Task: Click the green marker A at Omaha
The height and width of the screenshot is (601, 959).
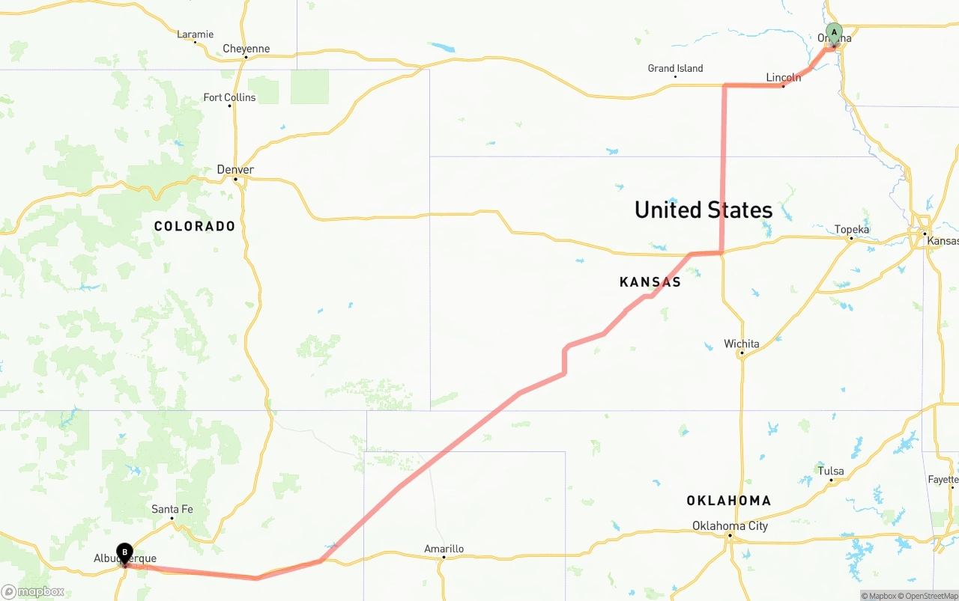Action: pyautogui.click(x=834, y=34)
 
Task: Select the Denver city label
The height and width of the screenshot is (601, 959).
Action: pyautogui.click(x=235, y=170)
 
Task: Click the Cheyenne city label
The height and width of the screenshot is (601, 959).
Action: pyautogui.click(x=246, y=49)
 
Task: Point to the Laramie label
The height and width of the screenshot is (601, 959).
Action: pyautogui.click(x=195, y=34)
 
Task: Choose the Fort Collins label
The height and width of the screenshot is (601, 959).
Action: pyautogui.click(x=229, y=97)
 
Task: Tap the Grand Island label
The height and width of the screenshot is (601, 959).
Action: pyautogui.click(x=675, y=68)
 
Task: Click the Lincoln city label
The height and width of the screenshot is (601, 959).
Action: pyautogui.click(x=783, y=78)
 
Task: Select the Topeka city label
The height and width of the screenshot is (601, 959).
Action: pyautogui.click(x=852, y=230)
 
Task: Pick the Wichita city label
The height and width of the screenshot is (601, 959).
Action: pyautogui.click(x=741, y=344)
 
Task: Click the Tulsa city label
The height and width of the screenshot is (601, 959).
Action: pyautogui.click(x=831, y=471)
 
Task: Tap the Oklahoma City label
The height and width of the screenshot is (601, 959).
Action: pyautogui.click(x=730, y=525)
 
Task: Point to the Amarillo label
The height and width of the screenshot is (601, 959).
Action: pyautogui.click(x=444, y=549)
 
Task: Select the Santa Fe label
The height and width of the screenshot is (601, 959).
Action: pyautogui.click(x=172, y=510)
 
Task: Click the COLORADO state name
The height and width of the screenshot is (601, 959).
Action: pyautogui.click(x=195, y=226)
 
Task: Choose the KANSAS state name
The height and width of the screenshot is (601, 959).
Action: pyautogui.click(x=650, y=282)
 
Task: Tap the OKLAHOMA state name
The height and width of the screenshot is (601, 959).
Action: pyautogui.click(x=728, y=501)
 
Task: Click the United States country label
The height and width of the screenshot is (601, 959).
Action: pyautogui.click(x=703, y=210)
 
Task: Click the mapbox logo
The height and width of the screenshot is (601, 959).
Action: pyautogui.click(x=33, y=592)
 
